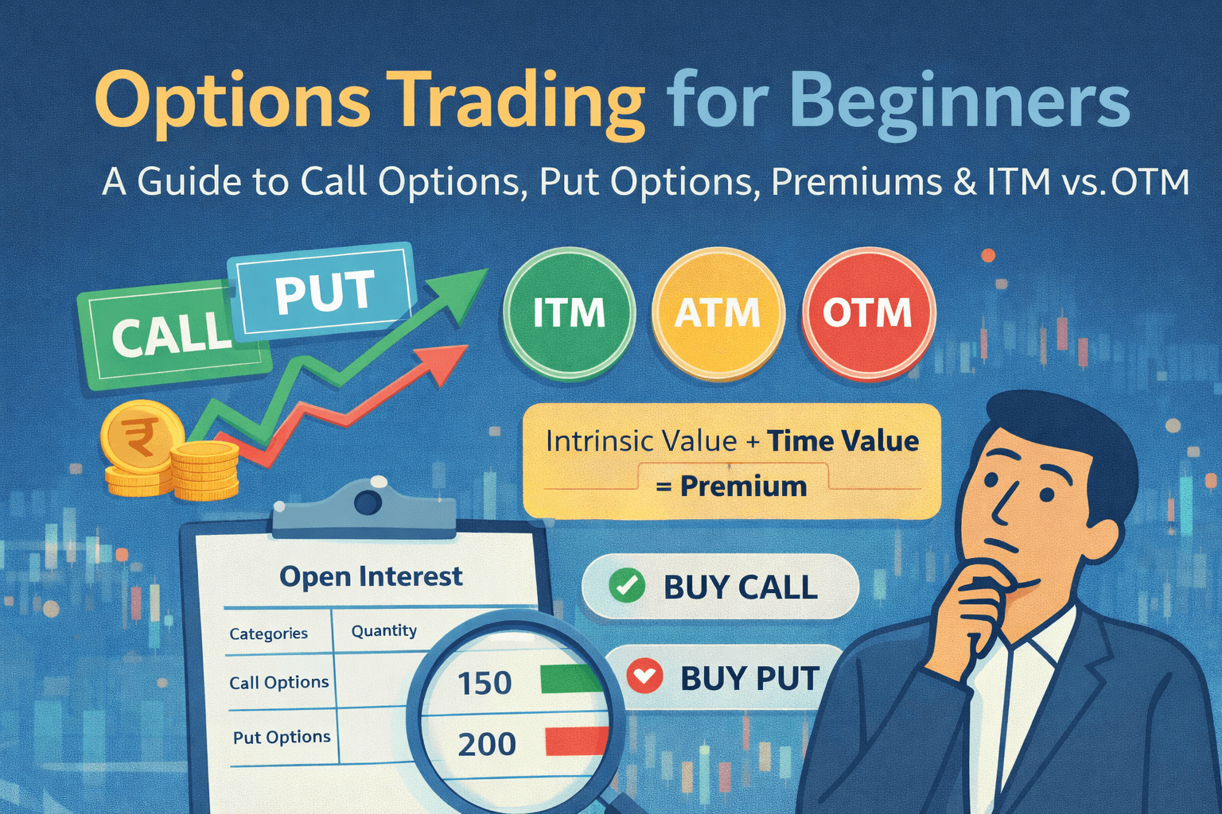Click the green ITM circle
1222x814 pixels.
click(x=569, y=313)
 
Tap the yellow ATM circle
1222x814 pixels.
click(x=718, y=313)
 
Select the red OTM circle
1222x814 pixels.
click(x=868, y=313)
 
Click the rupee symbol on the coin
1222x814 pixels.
click(x=140, y=437)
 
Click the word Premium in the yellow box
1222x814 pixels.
click(x=744, y=486)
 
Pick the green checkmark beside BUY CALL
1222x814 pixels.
click(x=627, y=586)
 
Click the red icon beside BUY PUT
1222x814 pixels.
click(x=644, y=676)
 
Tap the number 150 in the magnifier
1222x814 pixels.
click(x=485, y=683)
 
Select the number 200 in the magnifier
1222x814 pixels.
click(x=487, y=744)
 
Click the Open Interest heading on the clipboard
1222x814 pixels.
click(x=371, y=577)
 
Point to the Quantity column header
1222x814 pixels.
click(x=384, y=631)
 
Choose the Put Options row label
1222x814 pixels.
click(x=282, y=738)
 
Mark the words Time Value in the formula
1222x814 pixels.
click(x=843, y=441)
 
